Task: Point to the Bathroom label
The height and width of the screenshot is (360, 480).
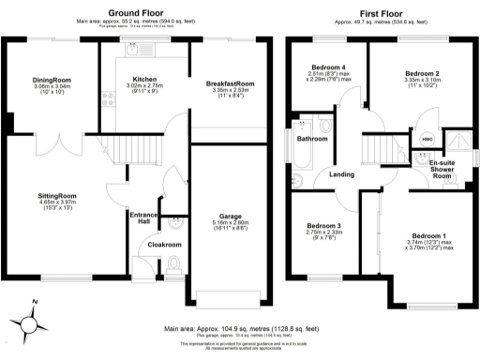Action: click(x=312, y=139)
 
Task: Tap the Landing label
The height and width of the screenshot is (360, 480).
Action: click(x=342, y=173)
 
